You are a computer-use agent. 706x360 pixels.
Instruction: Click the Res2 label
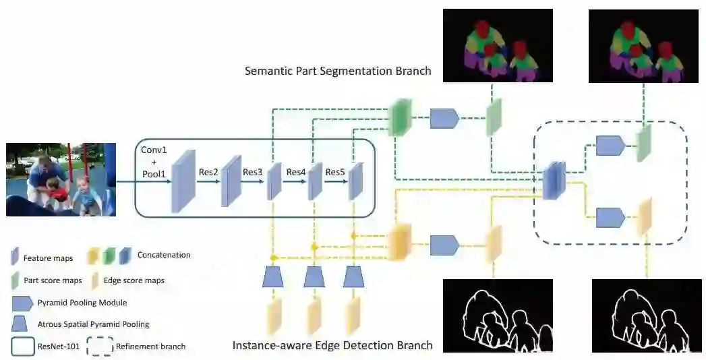(x=208, y=172)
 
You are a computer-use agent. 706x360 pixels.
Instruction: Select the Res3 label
(x=253, y=172)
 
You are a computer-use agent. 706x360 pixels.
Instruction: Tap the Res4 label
(x=296, y=172)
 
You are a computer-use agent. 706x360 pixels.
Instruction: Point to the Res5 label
(x=335, y=172)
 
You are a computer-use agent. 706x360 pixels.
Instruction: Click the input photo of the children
(x=61, y=179)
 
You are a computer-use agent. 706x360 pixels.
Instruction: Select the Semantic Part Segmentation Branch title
(x=338, y=71)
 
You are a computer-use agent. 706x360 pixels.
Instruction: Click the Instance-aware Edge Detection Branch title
(x=332, y=346)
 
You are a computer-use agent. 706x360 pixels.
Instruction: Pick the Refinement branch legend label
(x=150, y=347)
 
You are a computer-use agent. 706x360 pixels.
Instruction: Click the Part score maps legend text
(x=53, y=280)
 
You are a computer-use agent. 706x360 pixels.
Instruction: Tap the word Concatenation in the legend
(x=164, y=255)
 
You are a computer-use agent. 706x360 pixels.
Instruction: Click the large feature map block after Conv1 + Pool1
(x=183, y=181)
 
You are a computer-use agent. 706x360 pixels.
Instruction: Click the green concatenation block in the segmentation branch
(x=401, y=117)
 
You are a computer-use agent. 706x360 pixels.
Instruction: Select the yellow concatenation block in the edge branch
(x=401, y=241)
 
